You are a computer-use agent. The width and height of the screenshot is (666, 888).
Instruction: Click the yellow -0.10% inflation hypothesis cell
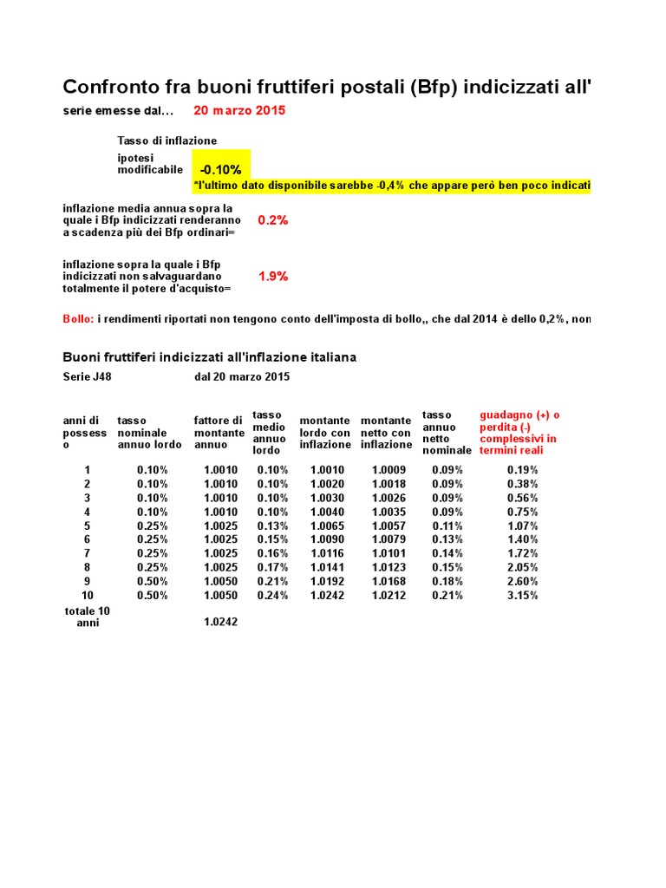[x=220, y=169]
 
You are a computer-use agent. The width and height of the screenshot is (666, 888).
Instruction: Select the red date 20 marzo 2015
[x=239, y=111]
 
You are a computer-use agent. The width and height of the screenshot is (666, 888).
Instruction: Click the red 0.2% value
[x=273, y=220]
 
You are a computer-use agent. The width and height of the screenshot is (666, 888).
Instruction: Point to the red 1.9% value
[x=273, y=277]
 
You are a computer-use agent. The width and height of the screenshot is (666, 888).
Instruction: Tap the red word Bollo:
[x=78, y=319]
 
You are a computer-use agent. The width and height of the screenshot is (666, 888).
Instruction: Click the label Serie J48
[x=87, y=376]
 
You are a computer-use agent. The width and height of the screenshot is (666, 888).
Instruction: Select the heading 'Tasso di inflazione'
[x=166, y=140]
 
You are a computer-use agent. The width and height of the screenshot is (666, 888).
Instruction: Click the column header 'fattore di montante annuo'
[x=218, y=433]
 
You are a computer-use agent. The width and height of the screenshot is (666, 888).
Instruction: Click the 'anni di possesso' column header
[x=85, y=433]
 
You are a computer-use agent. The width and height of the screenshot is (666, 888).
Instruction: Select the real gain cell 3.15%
[x=522, y=595]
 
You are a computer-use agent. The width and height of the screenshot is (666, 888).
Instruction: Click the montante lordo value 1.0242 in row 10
[x=327, y=595]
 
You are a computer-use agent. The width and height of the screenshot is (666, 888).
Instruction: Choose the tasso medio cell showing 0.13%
[x=272, y=526]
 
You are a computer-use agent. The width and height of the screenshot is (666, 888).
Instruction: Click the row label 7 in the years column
[x=87, y=553]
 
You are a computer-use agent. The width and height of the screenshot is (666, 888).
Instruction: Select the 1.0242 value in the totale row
[x=220, y=622]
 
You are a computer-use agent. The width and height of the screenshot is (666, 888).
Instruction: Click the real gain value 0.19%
[x=522, y=470]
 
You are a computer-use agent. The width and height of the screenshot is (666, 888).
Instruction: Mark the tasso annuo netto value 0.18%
[x=447, y=581]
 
